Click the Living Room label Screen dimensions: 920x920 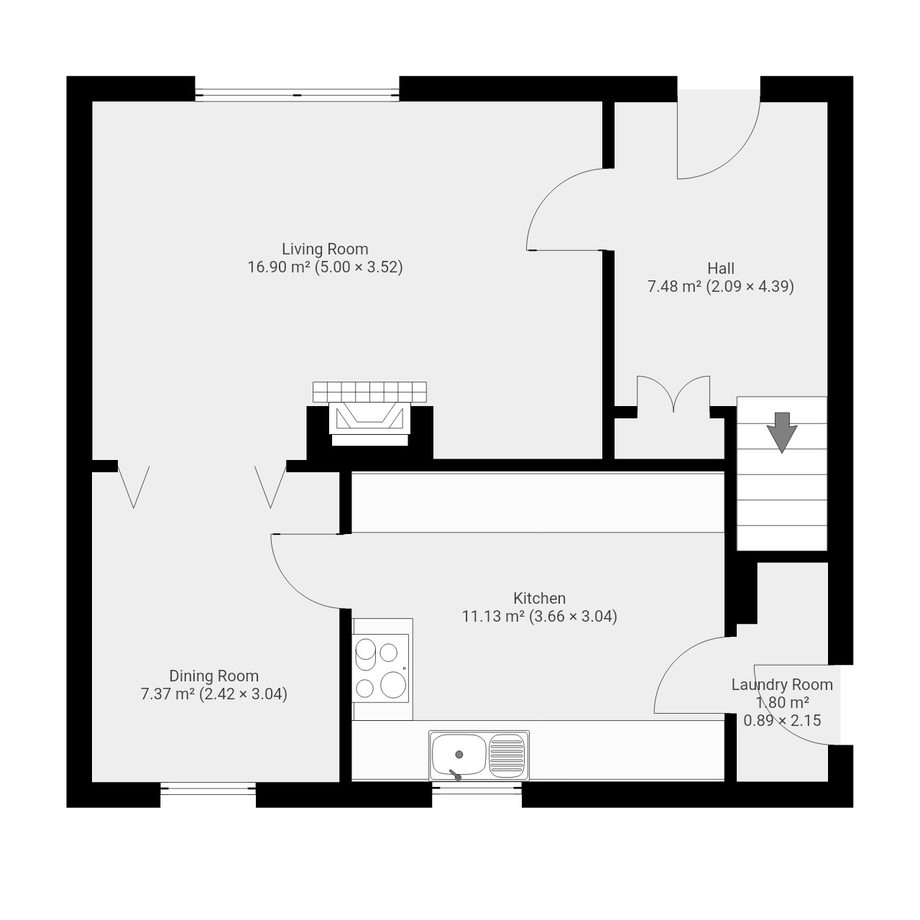[325, 249]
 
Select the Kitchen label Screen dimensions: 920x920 [539, 598]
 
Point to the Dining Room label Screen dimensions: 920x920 [214, 676]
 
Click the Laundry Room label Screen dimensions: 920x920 [782, 685]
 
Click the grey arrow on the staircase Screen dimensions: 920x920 [781, 432]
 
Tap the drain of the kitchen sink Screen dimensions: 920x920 [459, 755]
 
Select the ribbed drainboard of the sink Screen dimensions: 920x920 [507, 755]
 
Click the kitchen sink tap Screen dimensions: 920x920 [455, 775]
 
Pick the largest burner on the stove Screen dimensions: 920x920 [393, 684]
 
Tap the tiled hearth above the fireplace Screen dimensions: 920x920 [369, 392]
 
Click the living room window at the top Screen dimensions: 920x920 [296, 95]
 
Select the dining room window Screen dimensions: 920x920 [208, 788]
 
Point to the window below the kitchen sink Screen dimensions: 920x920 [477, 788]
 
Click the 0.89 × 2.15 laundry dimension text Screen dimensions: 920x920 [782, 720]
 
